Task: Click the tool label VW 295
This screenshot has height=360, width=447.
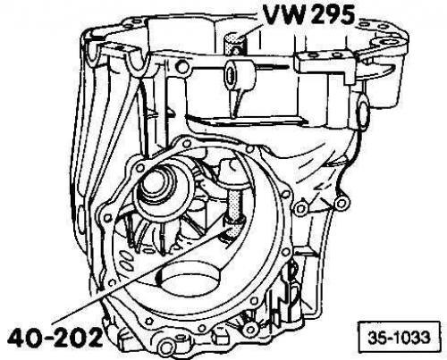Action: click(x=308, y=14)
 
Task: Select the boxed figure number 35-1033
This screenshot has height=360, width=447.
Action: click(x=399, y=338)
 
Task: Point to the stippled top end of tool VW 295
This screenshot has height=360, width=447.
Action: click(x=234, y=43)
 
